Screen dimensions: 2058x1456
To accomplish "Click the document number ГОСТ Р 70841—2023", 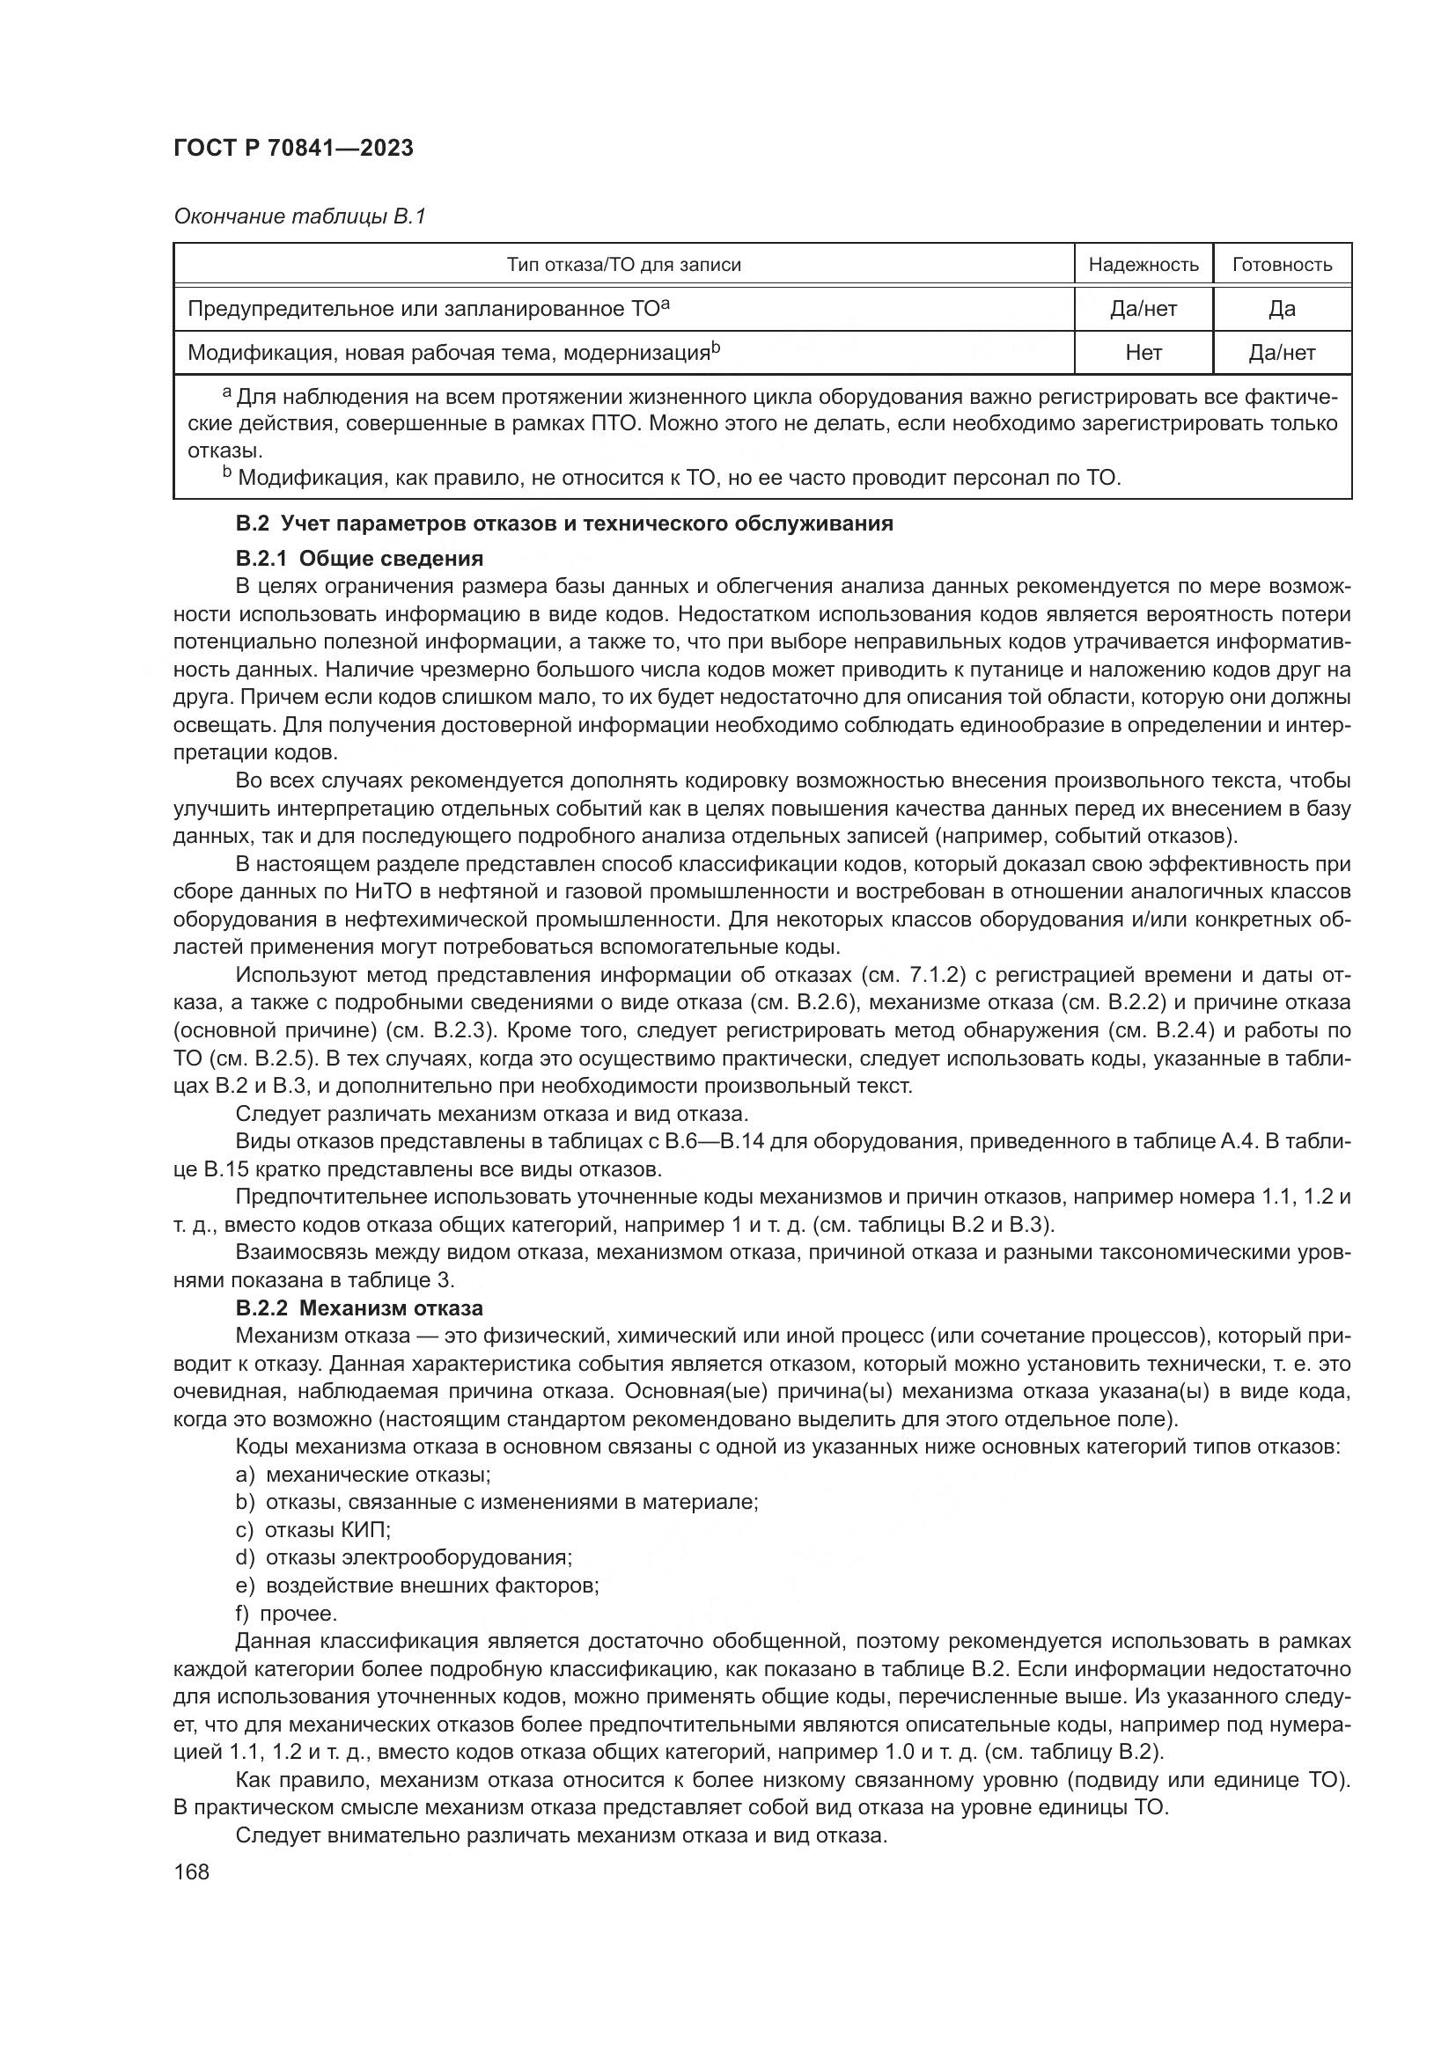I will click(x=293, y=148).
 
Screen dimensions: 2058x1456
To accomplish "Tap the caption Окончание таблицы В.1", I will click(x=299, y=216).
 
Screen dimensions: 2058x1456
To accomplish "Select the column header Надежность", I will click(x=1143, y=265).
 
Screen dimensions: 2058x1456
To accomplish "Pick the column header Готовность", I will click(x=1282, y=265).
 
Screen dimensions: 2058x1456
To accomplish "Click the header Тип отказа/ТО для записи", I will click(x=623, y=265).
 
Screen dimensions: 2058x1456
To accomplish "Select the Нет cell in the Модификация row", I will click(x=1143, y=352).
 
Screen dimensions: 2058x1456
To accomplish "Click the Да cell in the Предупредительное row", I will click(x=1282, y=308).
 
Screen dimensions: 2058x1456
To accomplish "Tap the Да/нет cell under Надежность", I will click(x=1143, y=308).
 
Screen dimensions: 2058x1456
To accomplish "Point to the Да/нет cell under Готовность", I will click(x=1282, y=352).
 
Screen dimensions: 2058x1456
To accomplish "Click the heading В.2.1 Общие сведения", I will click(x=358, y=559).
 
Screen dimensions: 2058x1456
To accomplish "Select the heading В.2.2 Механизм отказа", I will click(x=358, y=1307).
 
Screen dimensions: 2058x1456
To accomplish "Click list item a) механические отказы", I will click(x=362, y=1475).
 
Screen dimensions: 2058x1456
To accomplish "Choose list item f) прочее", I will click(x=286, y=1614).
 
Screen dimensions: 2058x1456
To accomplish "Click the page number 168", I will click(x=191, y=1871).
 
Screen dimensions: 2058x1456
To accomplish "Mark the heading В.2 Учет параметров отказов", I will click(x=564, y=524).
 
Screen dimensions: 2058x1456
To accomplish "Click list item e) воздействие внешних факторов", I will click(x=417, y=1586).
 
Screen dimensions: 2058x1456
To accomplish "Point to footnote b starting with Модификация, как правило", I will click(x=673, y=478).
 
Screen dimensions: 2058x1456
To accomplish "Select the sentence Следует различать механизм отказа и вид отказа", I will click(x=491, y=1114).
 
